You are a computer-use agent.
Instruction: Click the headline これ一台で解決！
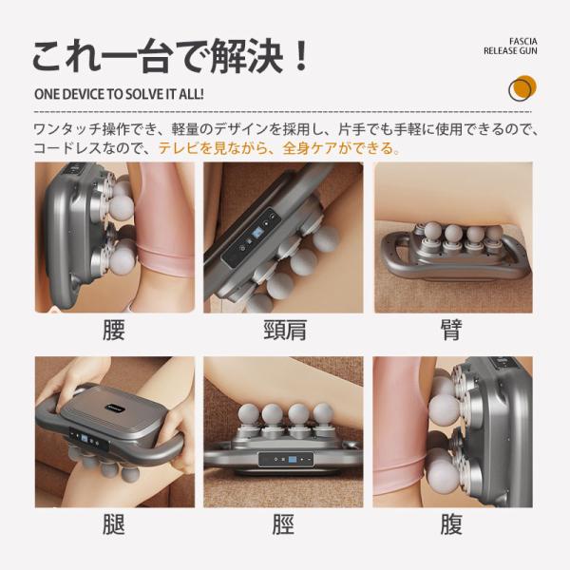coord(171,57)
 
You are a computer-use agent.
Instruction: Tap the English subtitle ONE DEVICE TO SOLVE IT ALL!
coord(119,94)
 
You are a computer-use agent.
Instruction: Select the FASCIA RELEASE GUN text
coord(510,47)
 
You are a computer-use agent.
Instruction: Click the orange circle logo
coord(522,88)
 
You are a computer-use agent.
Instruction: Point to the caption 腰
coord(114,330)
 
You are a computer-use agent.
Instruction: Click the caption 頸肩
coord(285,330)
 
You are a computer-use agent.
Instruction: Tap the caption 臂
coord(451,330)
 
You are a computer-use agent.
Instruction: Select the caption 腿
coord(114,524)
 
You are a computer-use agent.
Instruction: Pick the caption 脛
coord(283,524)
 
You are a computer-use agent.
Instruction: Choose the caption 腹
coord(451,524)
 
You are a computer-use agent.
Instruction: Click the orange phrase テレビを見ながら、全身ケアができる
coord(276,148)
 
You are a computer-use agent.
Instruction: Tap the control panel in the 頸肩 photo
coord(252,237)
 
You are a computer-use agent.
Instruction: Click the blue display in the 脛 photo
coord(293,460)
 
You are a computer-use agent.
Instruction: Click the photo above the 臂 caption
coord(454,237)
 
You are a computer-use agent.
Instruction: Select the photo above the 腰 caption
coord(115,237)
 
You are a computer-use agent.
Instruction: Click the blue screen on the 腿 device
coord(85,439)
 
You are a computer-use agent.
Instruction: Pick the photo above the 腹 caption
coord(453,432)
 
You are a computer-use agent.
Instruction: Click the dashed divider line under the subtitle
coord(283,111)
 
